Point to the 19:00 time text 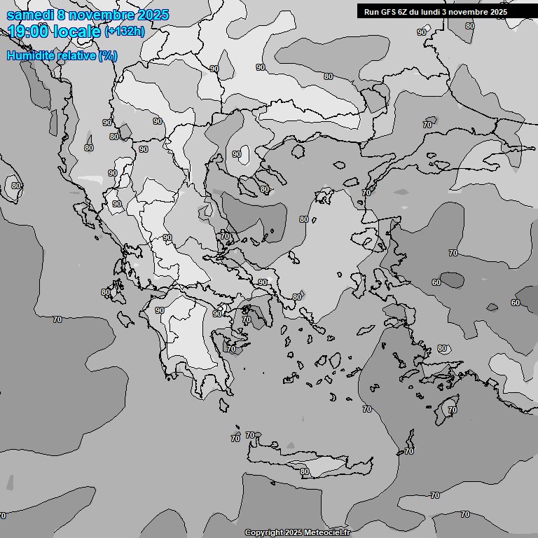point(28,32)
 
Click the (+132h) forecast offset point(125,32)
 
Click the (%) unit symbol point(108,55)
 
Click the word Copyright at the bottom point(263,533)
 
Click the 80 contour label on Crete point(305,472)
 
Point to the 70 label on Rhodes point(453,410)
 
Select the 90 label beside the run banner point(422,32)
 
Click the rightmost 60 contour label point(516,303)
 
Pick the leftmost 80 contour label point(15,186)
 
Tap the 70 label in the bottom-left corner point(3,516)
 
